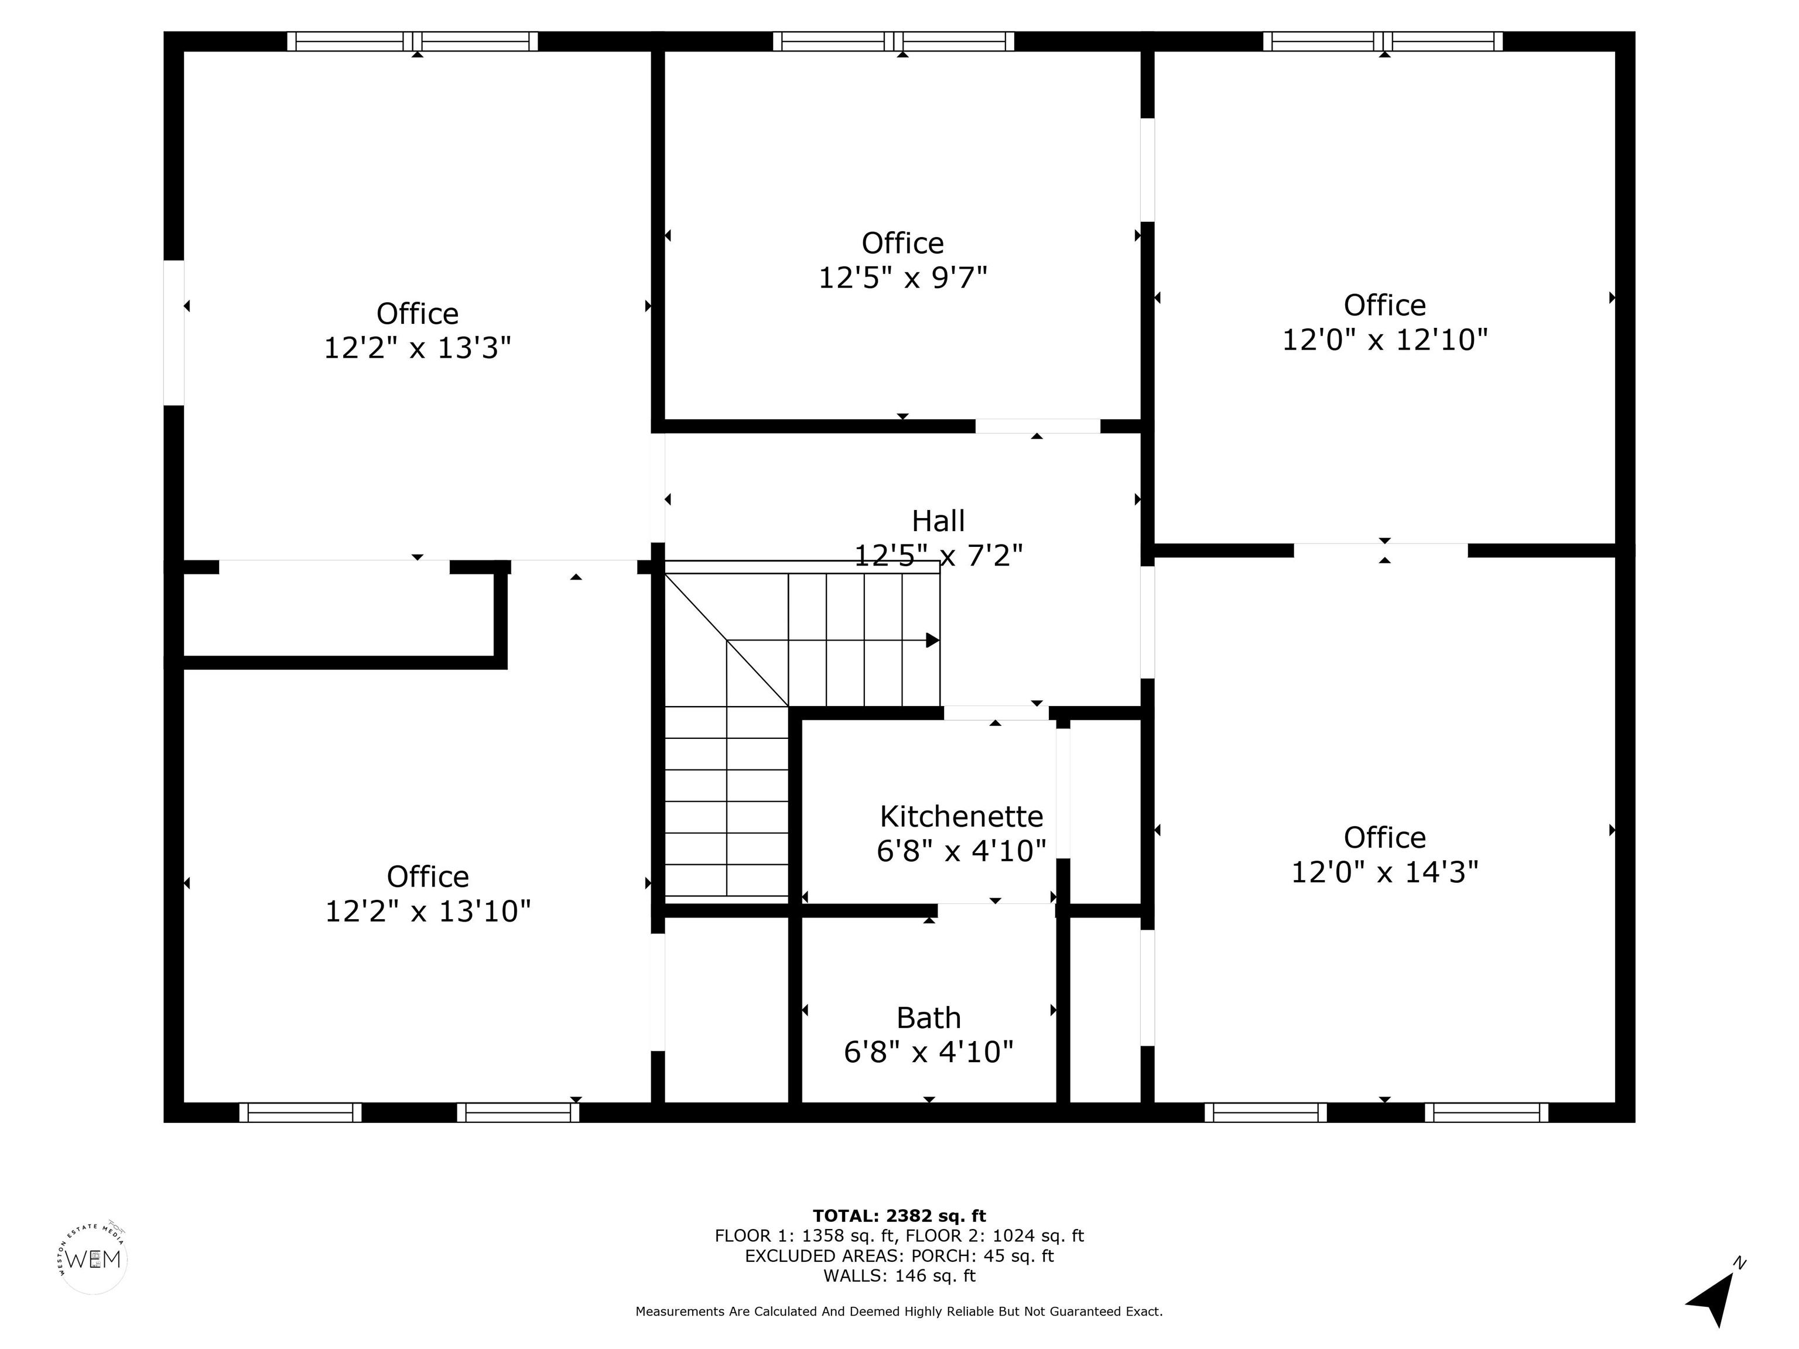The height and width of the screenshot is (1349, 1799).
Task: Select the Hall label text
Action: [938, 521]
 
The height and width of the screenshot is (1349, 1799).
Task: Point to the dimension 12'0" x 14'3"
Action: [1384, 872]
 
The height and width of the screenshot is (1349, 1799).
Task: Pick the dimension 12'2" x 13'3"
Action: [417, 348]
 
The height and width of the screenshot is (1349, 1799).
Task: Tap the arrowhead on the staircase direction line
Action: [933, 641]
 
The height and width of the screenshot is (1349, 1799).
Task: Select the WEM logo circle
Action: [94, 1259]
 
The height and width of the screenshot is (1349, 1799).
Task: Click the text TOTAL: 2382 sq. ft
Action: [899, 1216]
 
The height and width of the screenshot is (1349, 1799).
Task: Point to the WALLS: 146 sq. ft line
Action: [899, 1276]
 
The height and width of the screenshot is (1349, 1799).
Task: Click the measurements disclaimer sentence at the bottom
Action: [899, 1312]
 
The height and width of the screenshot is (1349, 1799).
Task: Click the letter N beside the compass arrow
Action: [1740, 1263]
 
